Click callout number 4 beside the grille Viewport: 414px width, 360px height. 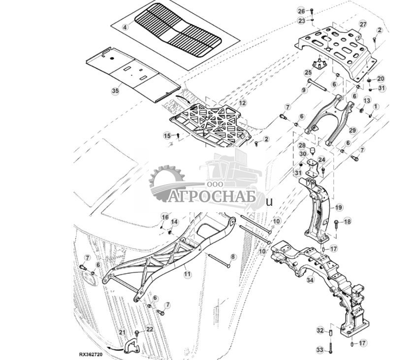[125, 28]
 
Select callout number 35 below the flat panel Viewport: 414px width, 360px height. [115, 91]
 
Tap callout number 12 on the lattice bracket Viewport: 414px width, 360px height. [242, 103]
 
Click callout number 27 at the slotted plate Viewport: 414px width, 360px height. [363, 24]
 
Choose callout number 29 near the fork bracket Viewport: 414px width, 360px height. [352, 130]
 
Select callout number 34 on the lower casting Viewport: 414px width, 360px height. [310, 280]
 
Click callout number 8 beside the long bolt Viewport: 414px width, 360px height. [233, 257]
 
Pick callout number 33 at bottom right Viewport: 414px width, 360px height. [320, 350]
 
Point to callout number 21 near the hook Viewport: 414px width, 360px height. [122, 333]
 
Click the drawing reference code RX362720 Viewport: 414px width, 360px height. [91, 354]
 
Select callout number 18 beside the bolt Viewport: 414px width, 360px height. [348, 222]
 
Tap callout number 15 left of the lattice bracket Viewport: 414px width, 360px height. [167, 135]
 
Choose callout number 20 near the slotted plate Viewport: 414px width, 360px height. [381, 79]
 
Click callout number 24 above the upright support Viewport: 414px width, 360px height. [321, 160]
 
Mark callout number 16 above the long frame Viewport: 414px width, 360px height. [165, 217]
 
